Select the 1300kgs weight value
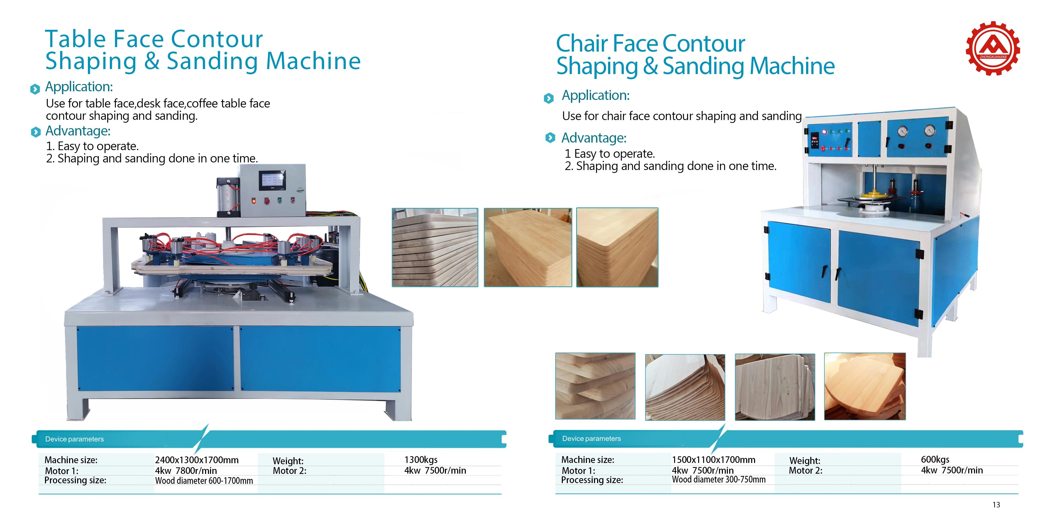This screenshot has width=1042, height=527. (421, 460)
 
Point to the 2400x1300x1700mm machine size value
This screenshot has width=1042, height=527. (197, 460)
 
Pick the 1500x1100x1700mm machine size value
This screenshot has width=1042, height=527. (713, 460)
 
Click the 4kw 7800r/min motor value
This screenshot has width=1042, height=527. (186, 470)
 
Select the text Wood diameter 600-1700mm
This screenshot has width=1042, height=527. (204, 480)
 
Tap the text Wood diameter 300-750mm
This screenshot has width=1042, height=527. (718, 479)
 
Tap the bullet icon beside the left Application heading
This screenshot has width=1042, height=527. (35, 89)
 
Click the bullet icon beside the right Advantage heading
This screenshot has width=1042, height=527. (550, 138)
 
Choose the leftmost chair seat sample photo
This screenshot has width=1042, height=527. (595, 386)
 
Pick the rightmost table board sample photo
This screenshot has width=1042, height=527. (617, 247)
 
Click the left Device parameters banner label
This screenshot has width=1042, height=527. (75, 439)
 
